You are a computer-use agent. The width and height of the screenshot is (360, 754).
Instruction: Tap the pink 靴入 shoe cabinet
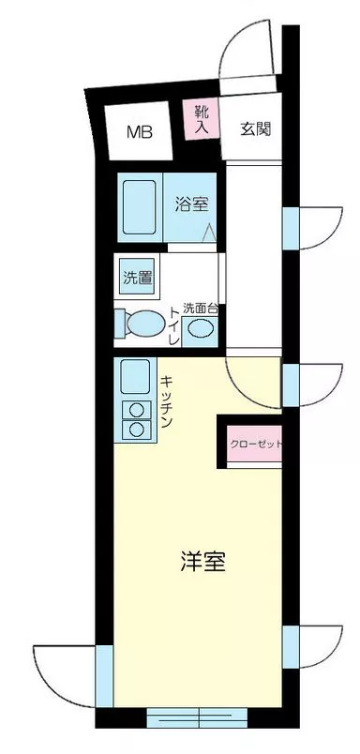[202, 120]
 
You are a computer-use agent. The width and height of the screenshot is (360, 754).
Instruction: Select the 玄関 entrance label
[254, 129]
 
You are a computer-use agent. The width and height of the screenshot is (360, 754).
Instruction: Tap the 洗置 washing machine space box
[135, 278]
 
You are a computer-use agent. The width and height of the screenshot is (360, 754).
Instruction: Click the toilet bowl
[142, 324]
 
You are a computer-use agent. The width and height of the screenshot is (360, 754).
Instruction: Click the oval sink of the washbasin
[199, 329]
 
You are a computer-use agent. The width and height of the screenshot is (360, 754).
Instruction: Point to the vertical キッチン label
[165, 402]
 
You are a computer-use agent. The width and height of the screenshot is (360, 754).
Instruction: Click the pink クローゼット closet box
[255, 445]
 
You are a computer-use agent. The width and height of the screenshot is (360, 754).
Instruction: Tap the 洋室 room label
[202, 563]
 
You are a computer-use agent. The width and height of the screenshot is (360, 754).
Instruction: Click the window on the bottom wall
[196, 717]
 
